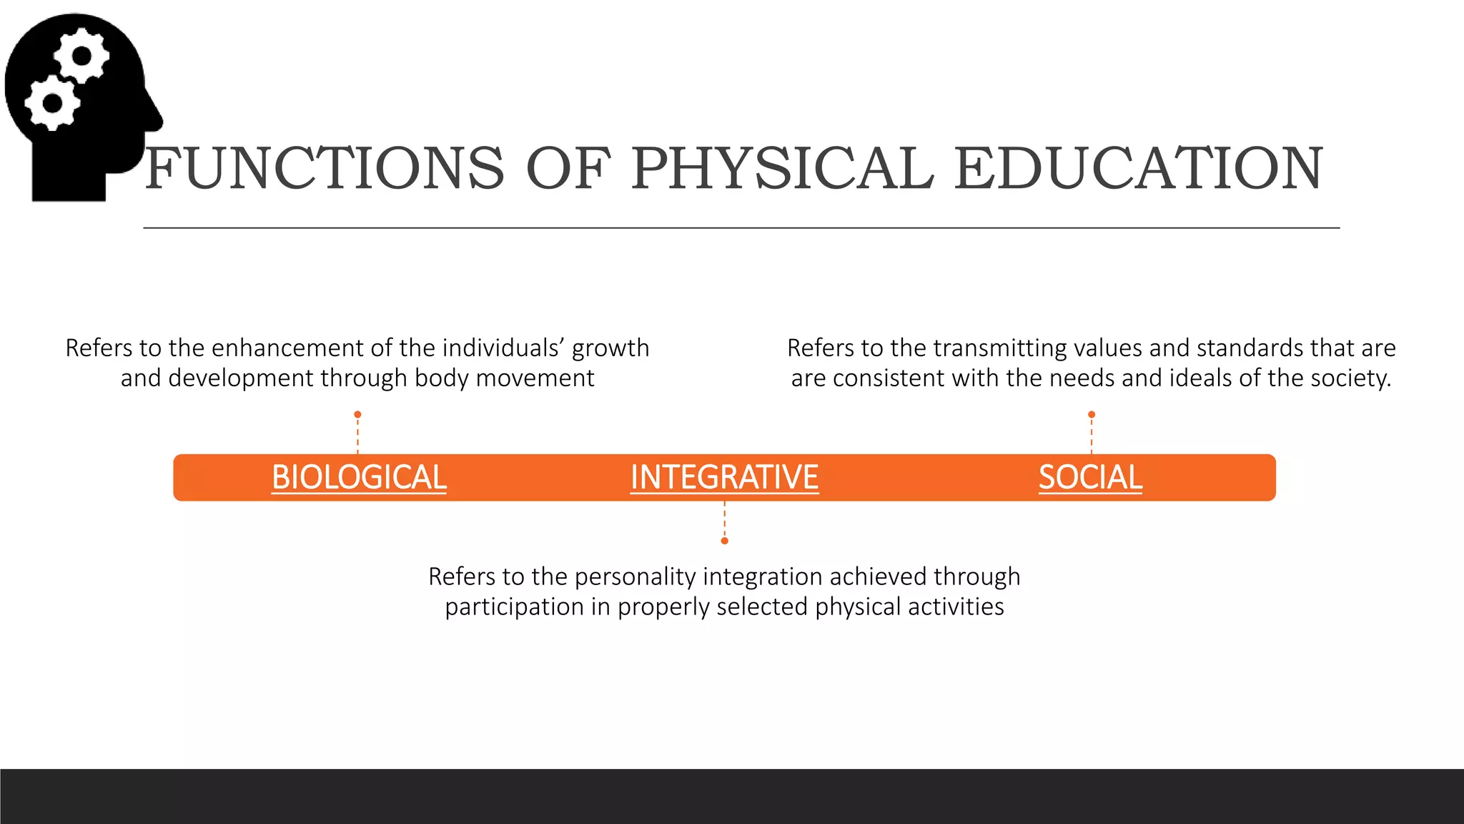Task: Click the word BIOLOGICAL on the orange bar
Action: coord(359,477)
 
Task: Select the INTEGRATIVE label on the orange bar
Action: coord(724,477)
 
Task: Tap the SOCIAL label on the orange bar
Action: coord(1090,477)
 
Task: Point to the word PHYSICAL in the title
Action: coord(783,169)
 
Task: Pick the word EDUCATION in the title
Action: coord(1138,169)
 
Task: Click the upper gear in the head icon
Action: coord(82,56)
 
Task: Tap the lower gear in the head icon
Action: coord(52,103)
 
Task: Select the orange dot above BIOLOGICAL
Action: coord(358,415)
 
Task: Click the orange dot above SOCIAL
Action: coord(1092,415)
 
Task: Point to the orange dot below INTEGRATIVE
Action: coord(725,541)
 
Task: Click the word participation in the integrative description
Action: coord(514,607)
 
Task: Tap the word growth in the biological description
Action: coord(610,348)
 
